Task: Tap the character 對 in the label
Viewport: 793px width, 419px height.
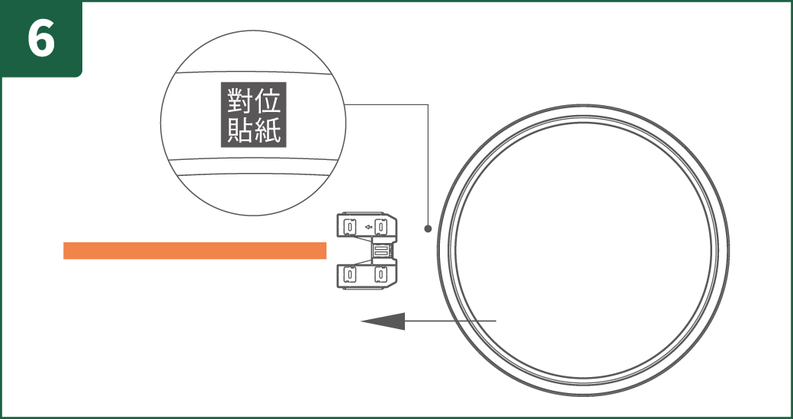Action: (239, 101)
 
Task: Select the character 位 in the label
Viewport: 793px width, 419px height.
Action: (268, 101)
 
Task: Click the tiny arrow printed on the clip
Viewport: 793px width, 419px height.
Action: (368, 227)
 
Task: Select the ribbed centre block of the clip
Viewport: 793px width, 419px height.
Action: (381, 250)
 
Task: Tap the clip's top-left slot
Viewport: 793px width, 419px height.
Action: (350, 226)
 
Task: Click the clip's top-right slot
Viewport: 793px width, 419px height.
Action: (382, 226)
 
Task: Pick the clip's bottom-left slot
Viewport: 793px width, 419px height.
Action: (350, 274)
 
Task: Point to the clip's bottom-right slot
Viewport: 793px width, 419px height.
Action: (382, 274)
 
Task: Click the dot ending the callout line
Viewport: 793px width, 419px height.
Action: (428, 229)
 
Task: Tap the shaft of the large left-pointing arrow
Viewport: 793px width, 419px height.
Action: (450, 321)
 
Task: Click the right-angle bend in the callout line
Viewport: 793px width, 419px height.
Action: (428, 104)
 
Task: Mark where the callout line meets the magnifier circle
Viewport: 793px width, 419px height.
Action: (345, 104)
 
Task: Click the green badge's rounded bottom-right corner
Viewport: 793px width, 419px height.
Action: (79, 75)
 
